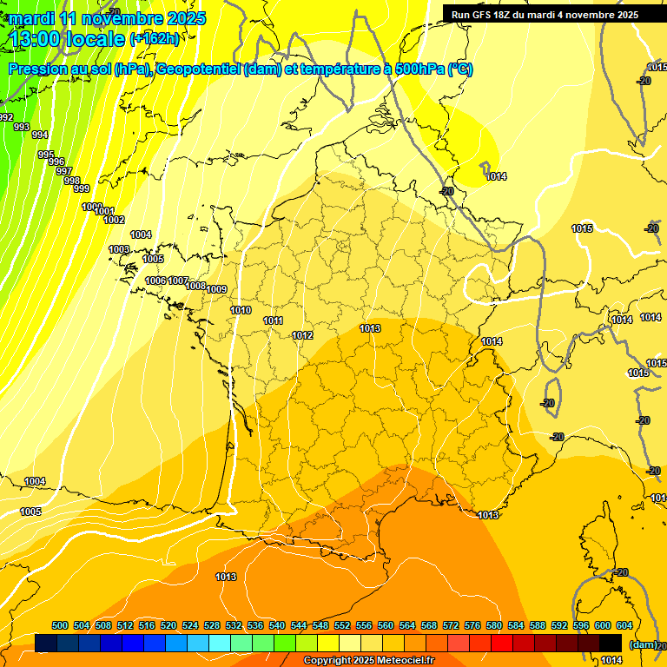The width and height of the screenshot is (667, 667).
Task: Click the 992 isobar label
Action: [x=6, y=117]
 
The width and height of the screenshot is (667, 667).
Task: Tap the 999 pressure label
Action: [x=81, y=188]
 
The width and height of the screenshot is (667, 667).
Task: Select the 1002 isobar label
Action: [x=114, y=220]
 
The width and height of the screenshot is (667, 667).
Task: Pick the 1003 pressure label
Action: [x=119, y=250]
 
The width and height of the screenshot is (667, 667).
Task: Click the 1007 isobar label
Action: [x=179, y=281]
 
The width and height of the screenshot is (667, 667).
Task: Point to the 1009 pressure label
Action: [x=217, y=289]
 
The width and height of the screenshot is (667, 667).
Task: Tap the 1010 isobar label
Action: [x=241, y=310]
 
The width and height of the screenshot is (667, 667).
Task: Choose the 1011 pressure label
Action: [x=273, y=321]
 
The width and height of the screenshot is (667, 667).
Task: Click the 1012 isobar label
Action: [x=302, y=335]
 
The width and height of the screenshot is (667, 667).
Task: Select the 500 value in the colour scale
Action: [x=60, y=625]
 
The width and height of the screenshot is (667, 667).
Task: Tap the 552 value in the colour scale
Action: [x=342, y=625]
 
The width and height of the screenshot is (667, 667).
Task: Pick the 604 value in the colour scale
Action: [x=624, y=625]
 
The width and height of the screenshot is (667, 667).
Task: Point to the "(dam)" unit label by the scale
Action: [x=644, y=644]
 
